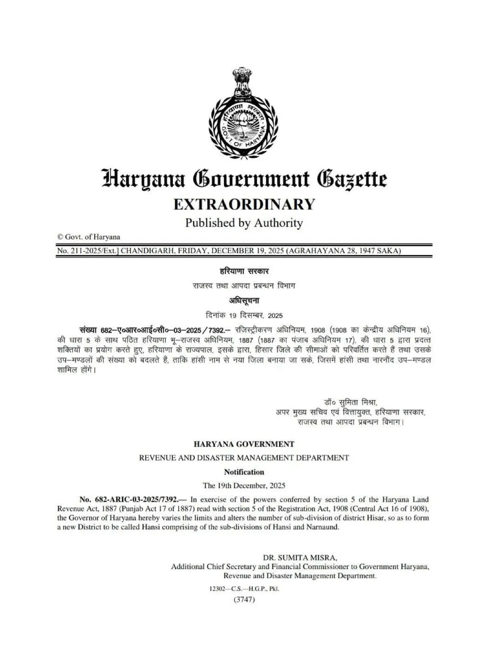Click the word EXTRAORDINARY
point(244,204)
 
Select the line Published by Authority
point(244,223)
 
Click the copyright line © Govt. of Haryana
point(89,237)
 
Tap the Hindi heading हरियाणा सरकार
point(244,271)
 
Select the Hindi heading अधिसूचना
point(244,301)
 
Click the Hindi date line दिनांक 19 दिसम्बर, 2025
point(244,315)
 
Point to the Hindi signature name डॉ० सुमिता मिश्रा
point(350,402)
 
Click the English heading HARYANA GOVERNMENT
point(244,444)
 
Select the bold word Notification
point(244,472)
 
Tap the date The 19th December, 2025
point(244,486)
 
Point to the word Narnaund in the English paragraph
point(323,527)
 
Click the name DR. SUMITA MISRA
point(300,558)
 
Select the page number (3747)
point(244,599)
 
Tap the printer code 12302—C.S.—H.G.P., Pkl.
point(244,589)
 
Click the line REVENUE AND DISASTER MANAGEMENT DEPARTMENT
point(244,458)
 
